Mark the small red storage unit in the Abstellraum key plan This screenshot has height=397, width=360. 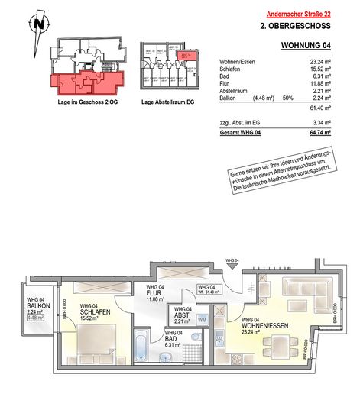183,56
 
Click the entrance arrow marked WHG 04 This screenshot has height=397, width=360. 232,268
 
